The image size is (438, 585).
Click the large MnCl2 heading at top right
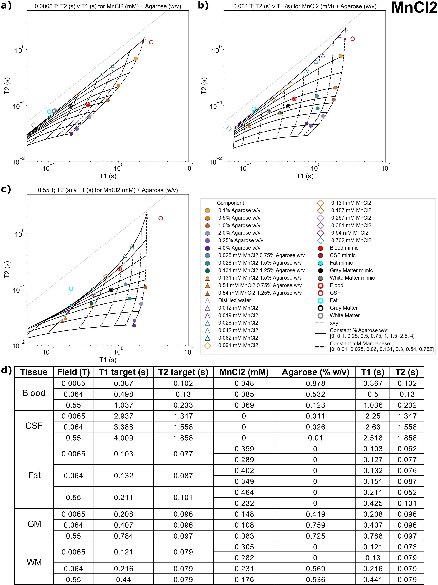pos(414,8)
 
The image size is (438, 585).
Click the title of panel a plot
pos(108,6)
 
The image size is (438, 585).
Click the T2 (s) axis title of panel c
pos(7,270)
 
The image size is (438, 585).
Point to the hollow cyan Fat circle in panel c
pos(71,289)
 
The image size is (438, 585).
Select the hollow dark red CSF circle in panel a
pos(151,42)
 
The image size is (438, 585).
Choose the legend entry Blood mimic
pos(344,248)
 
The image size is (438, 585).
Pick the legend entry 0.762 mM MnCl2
pos(351,240)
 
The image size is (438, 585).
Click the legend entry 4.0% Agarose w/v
pos(239,248)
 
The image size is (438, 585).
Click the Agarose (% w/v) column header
pos(315,372)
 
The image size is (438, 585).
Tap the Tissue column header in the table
pos(34,372)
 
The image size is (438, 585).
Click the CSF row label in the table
pos(34,426)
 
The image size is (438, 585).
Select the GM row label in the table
pos(34,524)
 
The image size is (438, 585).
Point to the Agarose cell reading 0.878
pos(315,383)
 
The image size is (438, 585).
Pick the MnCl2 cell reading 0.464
pos(244,492)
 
